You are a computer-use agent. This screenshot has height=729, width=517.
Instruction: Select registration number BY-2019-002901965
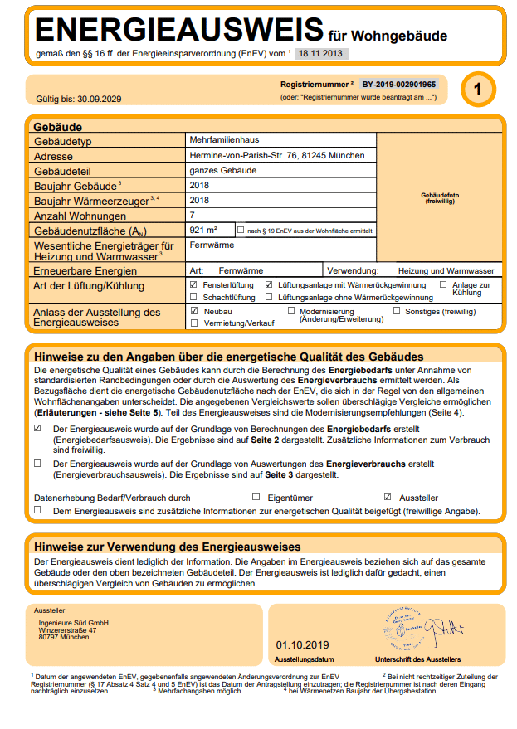coord(398,85)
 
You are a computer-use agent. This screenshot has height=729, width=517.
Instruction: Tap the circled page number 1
coord(476,90)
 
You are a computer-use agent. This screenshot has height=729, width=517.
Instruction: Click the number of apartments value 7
coord(193,215)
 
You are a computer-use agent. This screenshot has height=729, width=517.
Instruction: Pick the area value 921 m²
coord(203,230)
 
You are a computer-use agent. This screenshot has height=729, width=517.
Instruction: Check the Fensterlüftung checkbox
coord(193,284)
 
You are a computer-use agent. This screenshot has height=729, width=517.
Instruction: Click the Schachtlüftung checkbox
coord(193,297)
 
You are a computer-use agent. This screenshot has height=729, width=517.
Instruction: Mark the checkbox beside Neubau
coord(193,311)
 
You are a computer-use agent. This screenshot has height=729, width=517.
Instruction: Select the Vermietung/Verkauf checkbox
coord(193,323)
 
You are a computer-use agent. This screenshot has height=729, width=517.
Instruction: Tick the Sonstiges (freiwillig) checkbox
coord(397,311)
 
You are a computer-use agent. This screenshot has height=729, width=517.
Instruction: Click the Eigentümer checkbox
coord(256,498)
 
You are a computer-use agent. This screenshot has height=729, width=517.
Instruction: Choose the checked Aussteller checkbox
coord(388,498)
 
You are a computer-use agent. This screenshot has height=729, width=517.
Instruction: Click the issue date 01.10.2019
coord(303,644)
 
